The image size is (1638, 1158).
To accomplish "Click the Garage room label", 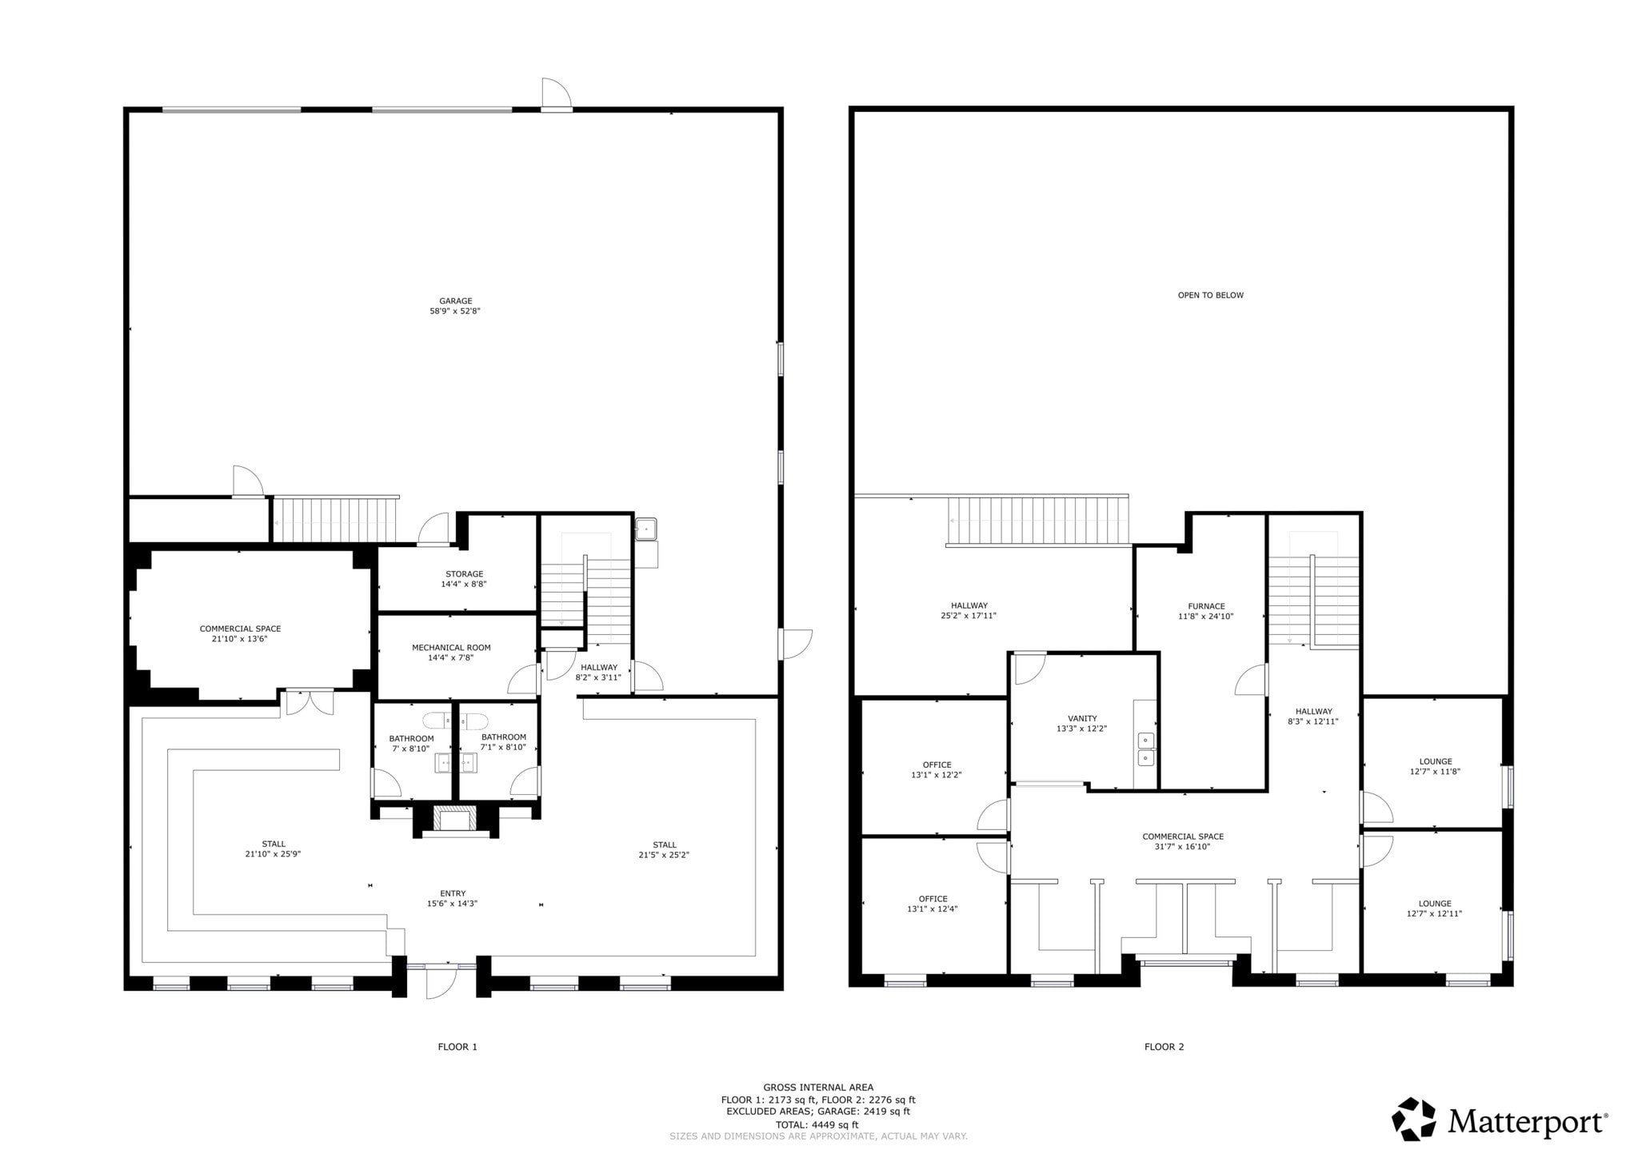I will pos(455,306).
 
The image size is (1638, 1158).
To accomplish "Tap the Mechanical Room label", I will pos(451,653).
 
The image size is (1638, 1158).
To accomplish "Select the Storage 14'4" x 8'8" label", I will pos(464,579).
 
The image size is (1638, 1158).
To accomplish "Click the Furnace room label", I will pos(1205,611).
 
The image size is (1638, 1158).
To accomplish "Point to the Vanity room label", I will pos(1081,723).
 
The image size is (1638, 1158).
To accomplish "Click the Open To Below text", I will pos(1210,295).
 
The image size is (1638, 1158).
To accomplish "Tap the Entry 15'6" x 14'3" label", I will pos(452,898).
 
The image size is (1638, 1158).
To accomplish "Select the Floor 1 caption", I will pos(457,1046).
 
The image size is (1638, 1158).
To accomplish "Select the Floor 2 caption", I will pos(1164,1046).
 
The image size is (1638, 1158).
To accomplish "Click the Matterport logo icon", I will pos(1414,1119).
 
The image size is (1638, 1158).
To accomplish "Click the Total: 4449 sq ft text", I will pos(817,1124).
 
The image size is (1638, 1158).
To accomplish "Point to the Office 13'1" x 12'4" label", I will pos(933,904).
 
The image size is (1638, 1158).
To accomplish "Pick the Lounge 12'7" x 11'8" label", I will pos(1435,766).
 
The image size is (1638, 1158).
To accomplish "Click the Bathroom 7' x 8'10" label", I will pos(411,743).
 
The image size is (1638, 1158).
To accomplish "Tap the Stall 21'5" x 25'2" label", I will pos(664,849).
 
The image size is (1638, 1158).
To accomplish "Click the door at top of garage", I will pos(556,95).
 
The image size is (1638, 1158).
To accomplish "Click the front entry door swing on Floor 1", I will pos(440,982).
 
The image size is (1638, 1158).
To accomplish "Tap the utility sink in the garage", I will pos(646,529).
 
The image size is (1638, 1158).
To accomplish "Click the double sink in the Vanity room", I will pos(1145,749).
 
